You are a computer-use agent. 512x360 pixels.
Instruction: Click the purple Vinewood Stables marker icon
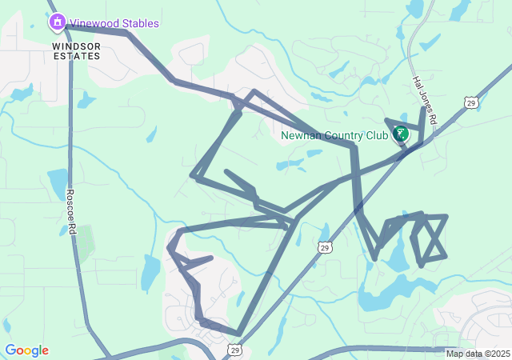click(57, 22)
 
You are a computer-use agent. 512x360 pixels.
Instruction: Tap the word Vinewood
click(91, 23)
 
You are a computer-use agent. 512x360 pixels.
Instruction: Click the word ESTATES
click(77, 58)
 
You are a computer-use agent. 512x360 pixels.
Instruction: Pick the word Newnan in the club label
click(300, 135)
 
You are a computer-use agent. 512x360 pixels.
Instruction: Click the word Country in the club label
click(343, 135)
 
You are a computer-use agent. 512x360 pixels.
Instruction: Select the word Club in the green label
click(377, 135)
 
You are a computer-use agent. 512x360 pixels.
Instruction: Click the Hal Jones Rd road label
click(424, 100)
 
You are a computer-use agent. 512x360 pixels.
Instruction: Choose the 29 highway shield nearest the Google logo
click(234, 350)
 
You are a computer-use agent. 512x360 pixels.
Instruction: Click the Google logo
click(26, 350)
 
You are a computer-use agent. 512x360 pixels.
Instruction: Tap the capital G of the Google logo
click(10, 350)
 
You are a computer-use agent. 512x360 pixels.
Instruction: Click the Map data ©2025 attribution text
click(478, 354)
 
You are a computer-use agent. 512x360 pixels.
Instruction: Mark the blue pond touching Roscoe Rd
click(58, 183)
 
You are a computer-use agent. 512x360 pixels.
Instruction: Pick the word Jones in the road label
click(423, 98)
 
